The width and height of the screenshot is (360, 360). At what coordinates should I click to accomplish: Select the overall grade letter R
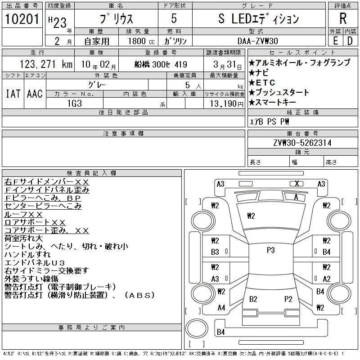343,19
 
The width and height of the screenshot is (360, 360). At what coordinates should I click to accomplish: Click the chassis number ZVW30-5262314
303,143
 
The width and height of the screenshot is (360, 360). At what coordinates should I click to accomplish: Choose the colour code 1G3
75,103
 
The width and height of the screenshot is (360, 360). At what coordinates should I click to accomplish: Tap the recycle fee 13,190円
225,103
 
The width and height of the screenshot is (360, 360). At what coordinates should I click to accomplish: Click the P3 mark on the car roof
270,250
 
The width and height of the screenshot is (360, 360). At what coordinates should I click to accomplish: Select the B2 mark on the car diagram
253,299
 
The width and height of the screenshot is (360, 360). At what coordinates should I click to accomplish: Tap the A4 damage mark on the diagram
221,308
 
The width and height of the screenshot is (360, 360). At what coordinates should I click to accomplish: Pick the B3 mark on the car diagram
215,252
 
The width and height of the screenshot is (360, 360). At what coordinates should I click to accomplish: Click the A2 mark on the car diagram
327,279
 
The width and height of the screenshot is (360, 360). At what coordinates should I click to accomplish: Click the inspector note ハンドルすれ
28,255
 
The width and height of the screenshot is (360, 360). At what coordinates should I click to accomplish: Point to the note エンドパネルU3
35,263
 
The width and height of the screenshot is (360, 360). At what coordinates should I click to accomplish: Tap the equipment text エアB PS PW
270,121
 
